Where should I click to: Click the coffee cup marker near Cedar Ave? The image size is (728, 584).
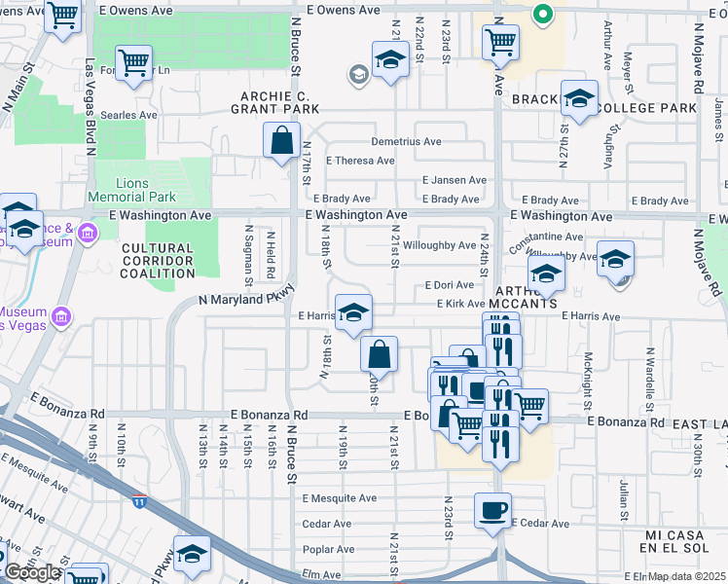coord(492,510)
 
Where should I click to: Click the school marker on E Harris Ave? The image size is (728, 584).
coord(353,312)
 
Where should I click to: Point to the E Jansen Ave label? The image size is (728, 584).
coord(454,180)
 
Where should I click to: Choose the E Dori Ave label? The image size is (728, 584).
coord(449,285)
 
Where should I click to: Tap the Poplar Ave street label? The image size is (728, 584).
coord(328,549)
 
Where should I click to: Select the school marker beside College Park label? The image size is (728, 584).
coord(580,99)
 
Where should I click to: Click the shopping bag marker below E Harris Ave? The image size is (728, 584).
coord(380,354)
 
